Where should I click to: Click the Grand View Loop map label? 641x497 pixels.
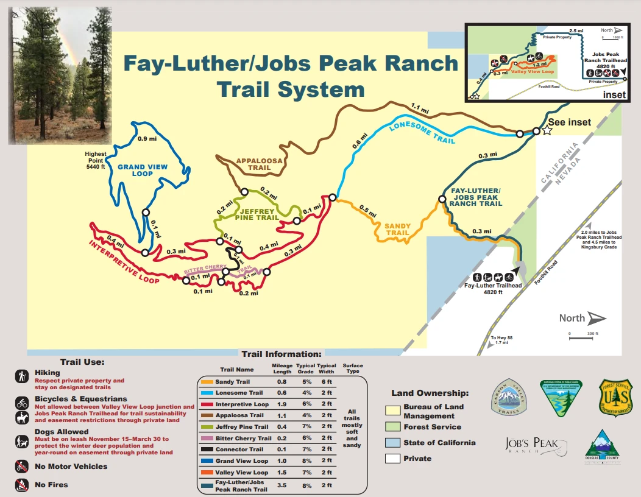click(x=143, y=170)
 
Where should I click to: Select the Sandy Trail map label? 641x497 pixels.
click(x=397, y=229)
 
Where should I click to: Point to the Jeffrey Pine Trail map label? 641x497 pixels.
click(x=257, y=214)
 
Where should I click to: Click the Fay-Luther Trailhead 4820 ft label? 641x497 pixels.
click(x=493, y=289)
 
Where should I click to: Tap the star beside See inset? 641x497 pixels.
click(x=547, y=130)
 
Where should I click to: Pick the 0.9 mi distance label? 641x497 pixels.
click(x=146, y=139)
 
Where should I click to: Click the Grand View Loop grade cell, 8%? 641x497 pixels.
click(x=305, y=461)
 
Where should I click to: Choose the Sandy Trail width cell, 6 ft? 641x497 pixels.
click(x=327, y=382)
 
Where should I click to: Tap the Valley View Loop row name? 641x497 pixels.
click(x=242, y=473)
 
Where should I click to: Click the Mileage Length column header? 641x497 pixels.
click(x=282, y=368)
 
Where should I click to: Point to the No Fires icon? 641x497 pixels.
click(x=22, y=485)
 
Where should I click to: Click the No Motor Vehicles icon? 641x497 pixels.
click(x=22, y=467)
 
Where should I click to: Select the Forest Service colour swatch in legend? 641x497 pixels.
click(x=393, y=427)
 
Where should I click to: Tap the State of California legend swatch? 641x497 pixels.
click(x=393, y=443)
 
